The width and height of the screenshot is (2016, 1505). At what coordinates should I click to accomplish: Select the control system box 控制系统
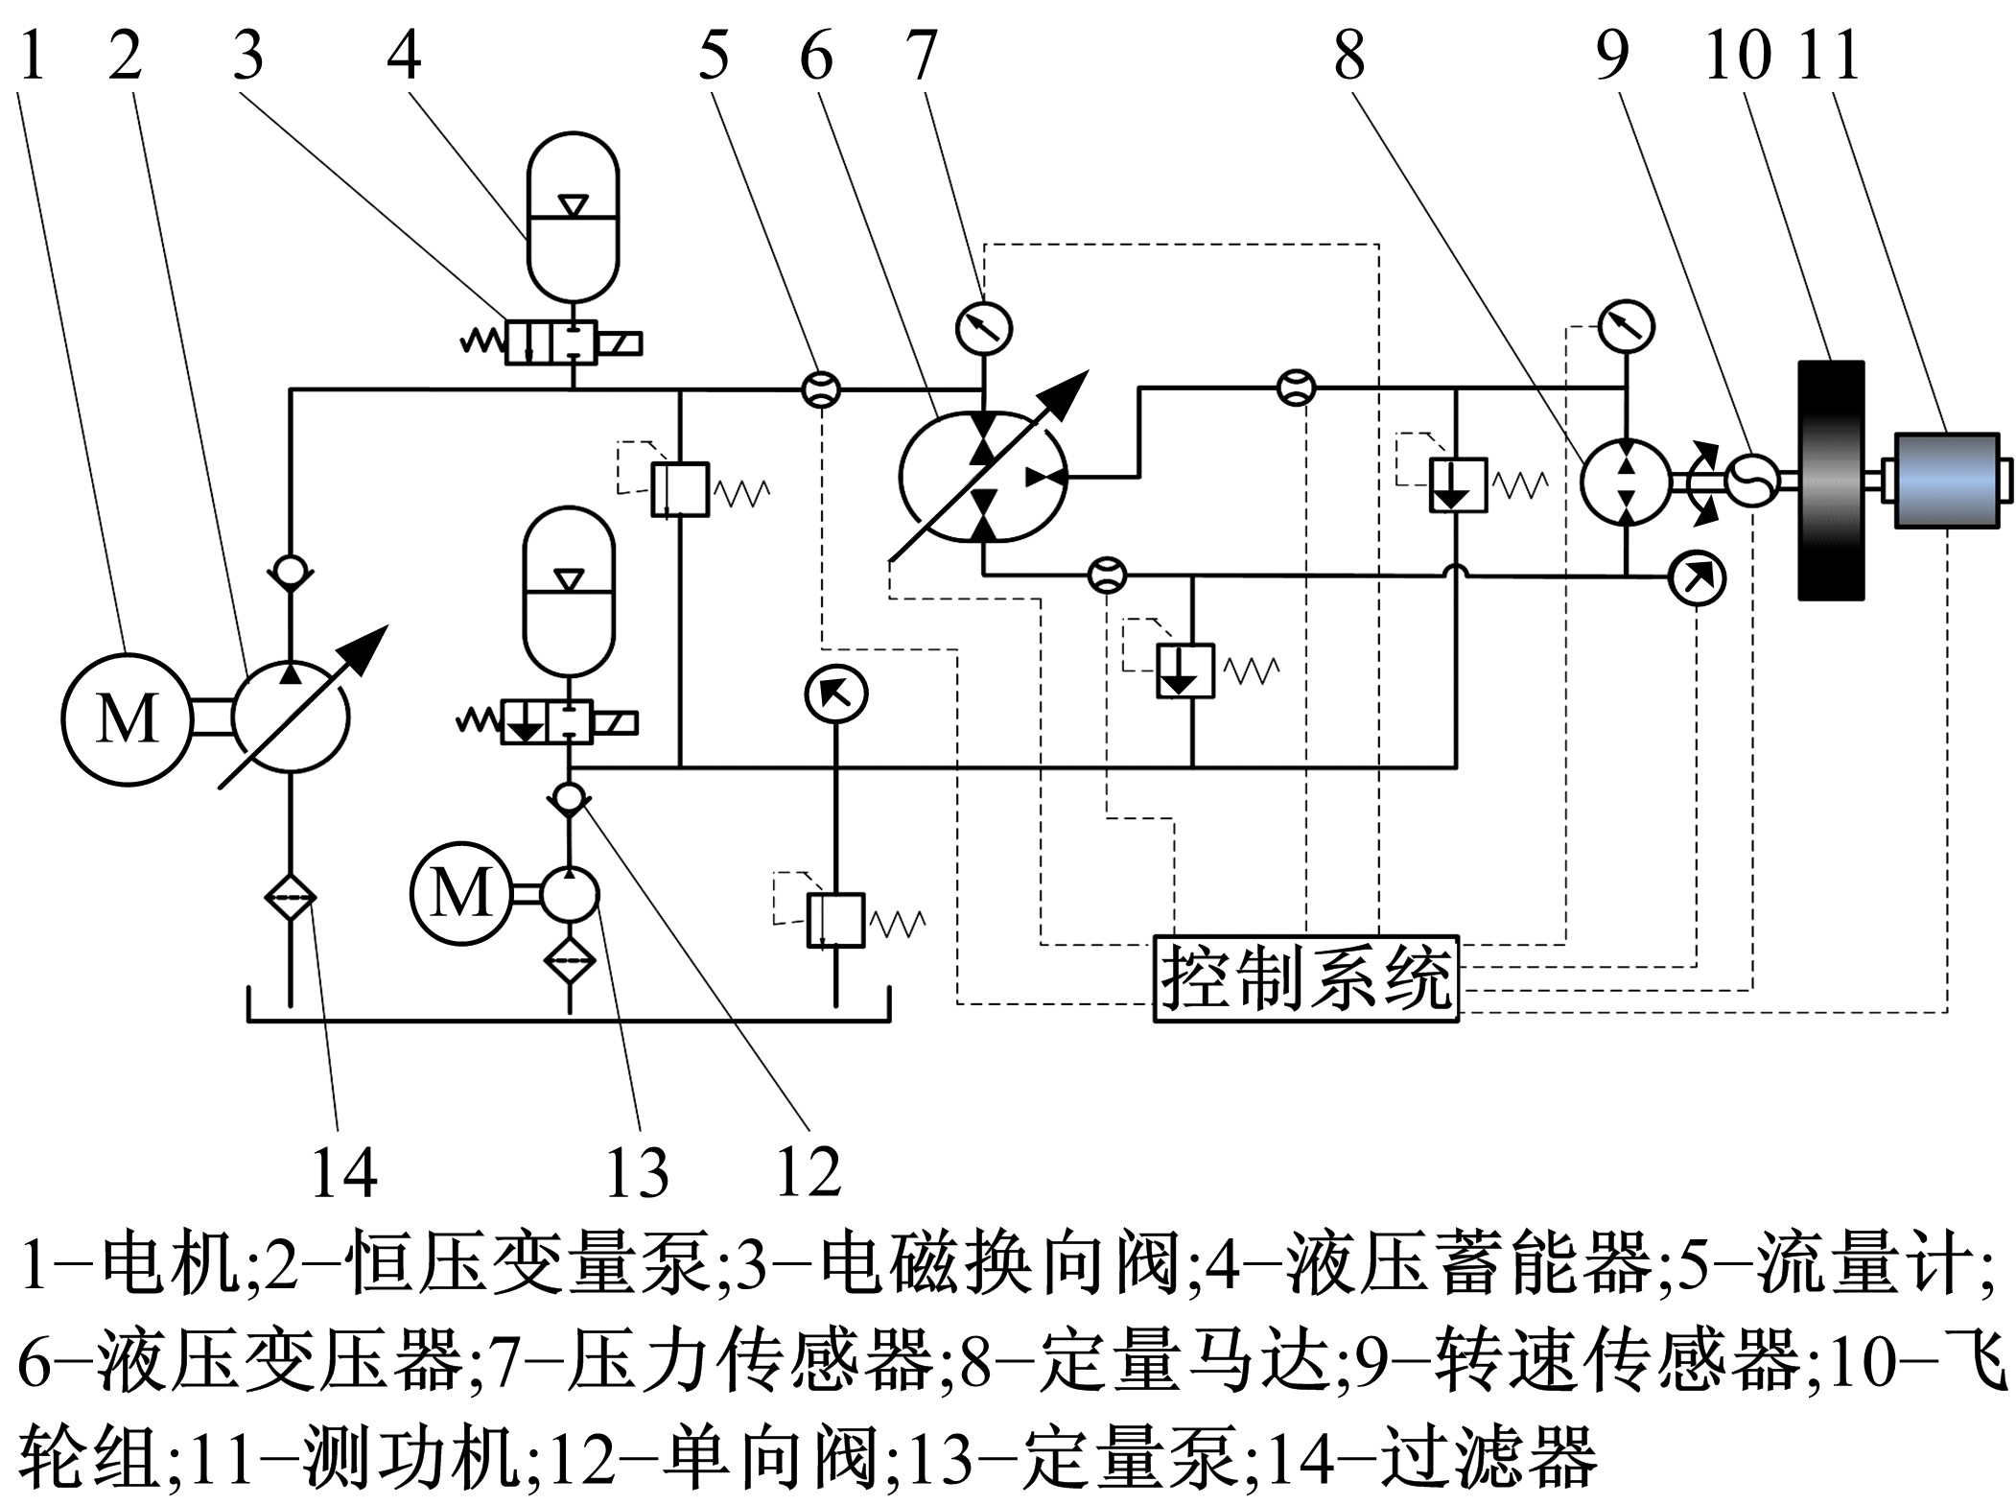coord(1305,979)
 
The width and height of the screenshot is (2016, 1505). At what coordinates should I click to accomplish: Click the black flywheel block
coord(1830,480)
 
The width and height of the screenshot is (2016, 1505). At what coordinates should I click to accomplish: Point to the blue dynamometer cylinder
coord(1947,480)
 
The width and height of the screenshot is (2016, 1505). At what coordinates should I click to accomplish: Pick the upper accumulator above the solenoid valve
coord(574,216)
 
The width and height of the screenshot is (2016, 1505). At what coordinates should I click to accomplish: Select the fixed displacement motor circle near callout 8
coord(1625,482)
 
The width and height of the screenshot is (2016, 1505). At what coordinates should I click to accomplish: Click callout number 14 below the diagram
coord(344,1172)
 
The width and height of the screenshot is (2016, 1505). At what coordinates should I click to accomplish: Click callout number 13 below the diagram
coord(637,1172)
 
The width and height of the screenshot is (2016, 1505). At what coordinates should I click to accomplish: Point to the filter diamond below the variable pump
coord(291,899)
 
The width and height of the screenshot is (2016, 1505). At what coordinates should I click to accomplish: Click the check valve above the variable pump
coord(291,572)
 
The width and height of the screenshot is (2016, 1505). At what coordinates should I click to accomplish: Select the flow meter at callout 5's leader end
coord(820,389)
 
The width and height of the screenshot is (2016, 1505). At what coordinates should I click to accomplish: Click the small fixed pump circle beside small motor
coord(570,894)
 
